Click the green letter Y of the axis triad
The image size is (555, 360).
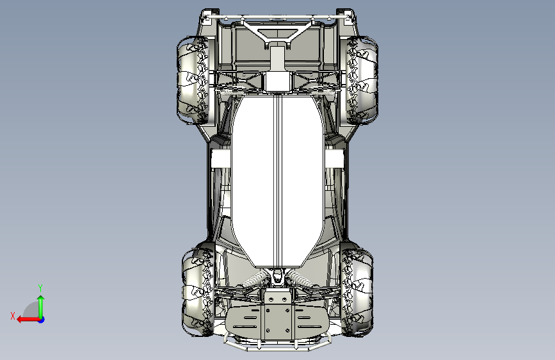(x=40, y=288)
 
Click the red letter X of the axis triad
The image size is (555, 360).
(x=13, y=316)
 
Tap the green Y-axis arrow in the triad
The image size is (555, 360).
(x=41, y=306)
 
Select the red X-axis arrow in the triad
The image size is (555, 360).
(x=28, y=320)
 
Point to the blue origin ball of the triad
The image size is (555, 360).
(x=42, y=320)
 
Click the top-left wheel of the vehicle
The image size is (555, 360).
(x=193, y=80)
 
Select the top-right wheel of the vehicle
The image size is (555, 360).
(x=362, y=80)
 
